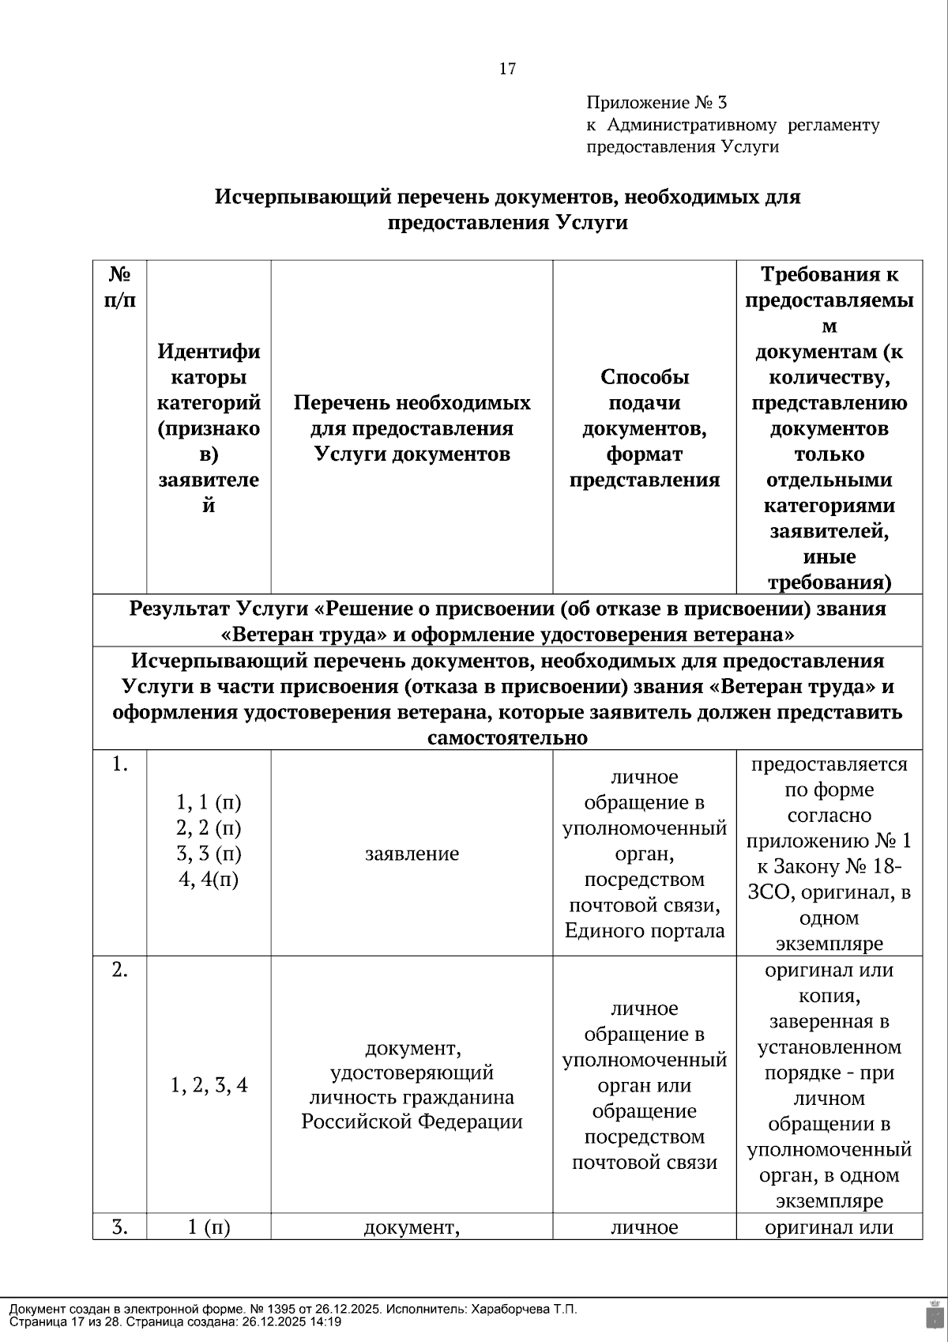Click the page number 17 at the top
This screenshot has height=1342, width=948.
(507, 69)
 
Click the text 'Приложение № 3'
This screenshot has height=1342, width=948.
(656, 103)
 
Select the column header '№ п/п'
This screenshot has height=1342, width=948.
(119, 287)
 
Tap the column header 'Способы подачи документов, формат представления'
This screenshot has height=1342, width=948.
(644, 428)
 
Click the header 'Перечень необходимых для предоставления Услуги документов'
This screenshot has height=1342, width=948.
(412, 428)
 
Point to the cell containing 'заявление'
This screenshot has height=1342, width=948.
(412, 854)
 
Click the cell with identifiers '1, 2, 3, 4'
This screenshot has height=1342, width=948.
(209, 1085)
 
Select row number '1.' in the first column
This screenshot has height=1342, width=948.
(119, 764)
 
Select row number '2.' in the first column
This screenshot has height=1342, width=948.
(119, 971)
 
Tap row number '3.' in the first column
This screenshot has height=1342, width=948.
(119, 1227)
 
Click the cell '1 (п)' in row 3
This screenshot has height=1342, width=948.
(209, 1227)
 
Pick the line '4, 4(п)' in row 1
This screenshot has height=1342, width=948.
(209, 880)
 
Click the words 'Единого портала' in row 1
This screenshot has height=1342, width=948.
(644, 931)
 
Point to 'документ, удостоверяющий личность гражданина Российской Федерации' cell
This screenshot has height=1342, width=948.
(412, 1084)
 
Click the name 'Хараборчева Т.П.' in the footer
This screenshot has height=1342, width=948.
(524, 1310)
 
